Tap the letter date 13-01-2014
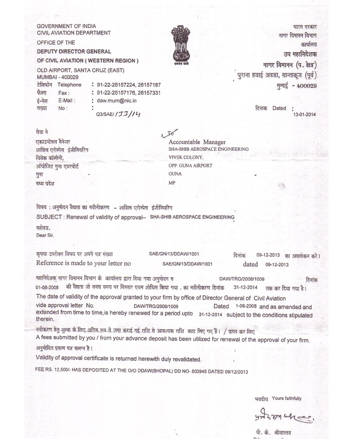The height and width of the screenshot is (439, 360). point(305,114)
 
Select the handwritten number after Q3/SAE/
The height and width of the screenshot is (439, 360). point(128,115)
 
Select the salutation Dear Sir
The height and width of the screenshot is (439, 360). point(46,234)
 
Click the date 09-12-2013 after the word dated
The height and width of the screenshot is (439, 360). point(277,264)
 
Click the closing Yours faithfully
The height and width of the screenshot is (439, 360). point(287,399)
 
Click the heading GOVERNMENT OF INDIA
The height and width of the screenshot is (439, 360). point(66,26)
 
